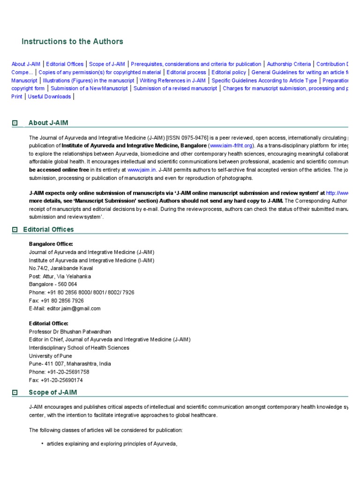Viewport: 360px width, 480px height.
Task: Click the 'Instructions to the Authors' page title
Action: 72,41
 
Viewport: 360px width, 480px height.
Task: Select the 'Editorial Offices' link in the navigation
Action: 65,64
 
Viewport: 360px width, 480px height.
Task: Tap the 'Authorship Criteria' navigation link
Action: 288,64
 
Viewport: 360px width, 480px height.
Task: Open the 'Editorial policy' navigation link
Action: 229,72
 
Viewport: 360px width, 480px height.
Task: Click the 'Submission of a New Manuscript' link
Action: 89,89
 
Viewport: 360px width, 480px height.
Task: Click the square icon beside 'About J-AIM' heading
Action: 15,123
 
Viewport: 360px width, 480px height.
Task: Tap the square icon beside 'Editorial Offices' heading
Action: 15,230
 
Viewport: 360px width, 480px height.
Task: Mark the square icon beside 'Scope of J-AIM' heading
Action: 15,392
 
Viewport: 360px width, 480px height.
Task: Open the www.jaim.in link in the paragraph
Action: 141,170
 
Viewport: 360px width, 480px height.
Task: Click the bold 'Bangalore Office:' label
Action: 51,244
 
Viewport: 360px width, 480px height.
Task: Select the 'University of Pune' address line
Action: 51,356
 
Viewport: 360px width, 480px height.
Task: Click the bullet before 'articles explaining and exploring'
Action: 42,444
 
